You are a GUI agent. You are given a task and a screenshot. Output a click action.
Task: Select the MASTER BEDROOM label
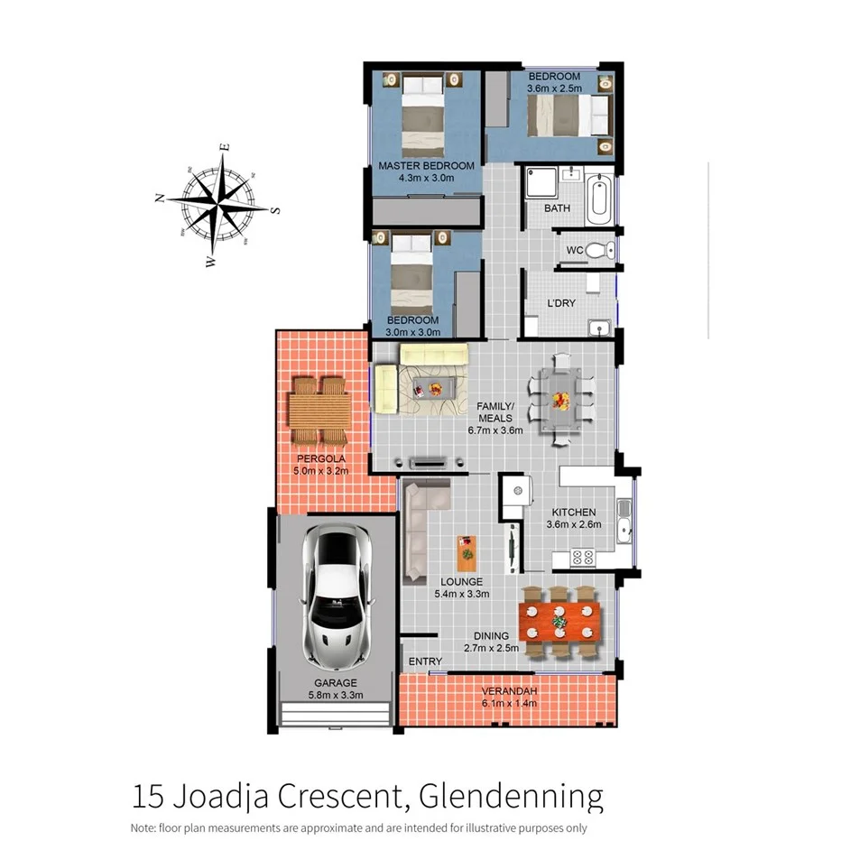426,166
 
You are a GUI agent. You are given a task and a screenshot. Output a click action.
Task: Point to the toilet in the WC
598,249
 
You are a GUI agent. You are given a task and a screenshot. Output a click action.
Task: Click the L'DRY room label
561,304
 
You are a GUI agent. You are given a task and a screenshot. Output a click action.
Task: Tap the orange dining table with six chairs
559,621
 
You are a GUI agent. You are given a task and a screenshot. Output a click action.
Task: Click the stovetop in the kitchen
582,558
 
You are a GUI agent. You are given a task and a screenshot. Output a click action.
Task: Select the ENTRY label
425,661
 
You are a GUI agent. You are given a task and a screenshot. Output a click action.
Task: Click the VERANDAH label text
509,691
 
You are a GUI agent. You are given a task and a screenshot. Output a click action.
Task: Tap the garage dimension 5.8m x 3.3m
335,696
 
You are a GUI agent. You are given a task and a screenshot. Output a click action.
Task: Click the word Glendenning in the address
512,797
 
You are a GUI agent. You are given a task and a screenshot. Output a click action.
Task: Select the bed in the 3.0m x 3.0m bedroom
412,267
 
